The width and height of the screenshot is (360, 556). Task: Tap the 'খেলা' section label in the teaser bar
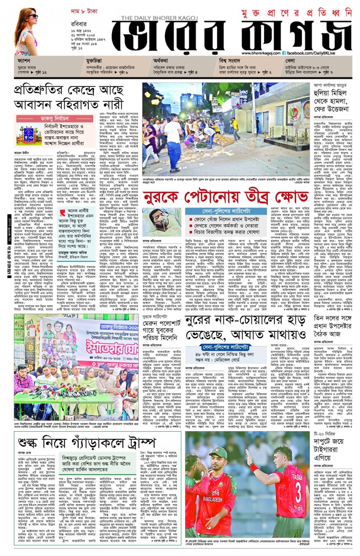pos(289,61)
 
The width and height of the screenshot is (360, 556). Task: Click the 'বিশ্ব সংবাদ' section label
pos(229,61)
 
